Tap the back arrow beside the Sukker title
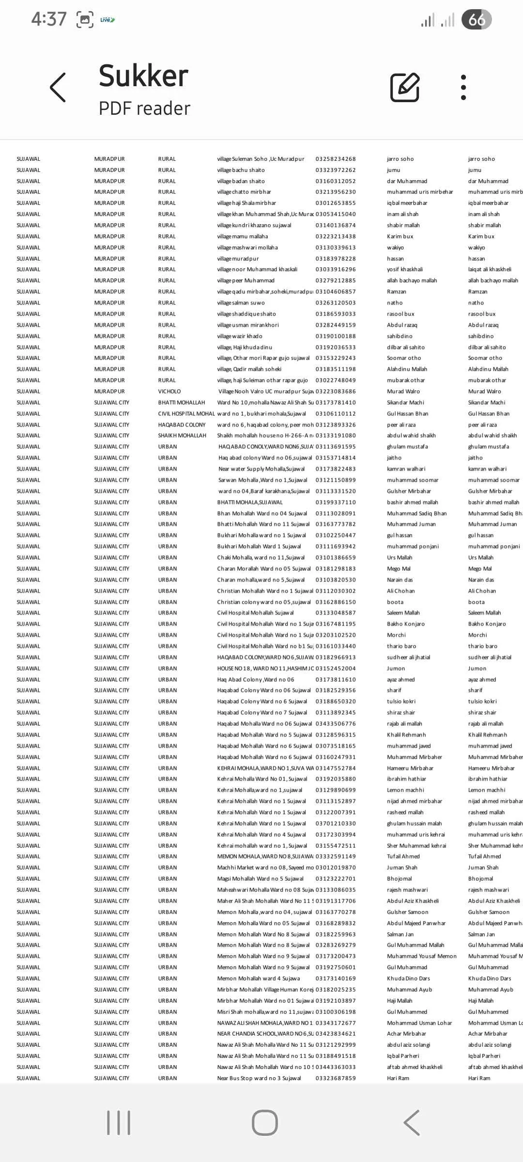58,88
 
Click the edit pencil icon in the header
405,88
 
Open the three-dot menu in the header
463,88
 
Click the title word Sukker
143,76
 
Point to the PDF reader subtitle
144,108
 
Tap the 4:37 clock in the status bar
49,19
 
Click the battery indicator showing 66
477,20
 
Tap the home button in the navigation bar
264,1122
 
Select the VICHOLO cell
169,391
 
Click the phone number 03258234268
336,159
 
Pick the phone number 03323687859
336,1078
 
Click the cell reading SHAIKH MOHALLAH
182,435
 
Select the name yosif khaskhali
405,269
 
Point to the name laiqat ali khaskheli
490,269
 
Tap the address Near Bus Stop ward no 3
259,1078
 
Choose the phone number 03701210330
336,823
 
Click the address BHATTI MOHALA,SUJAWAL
250,502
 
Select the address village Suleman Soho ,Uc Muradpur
261,159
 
